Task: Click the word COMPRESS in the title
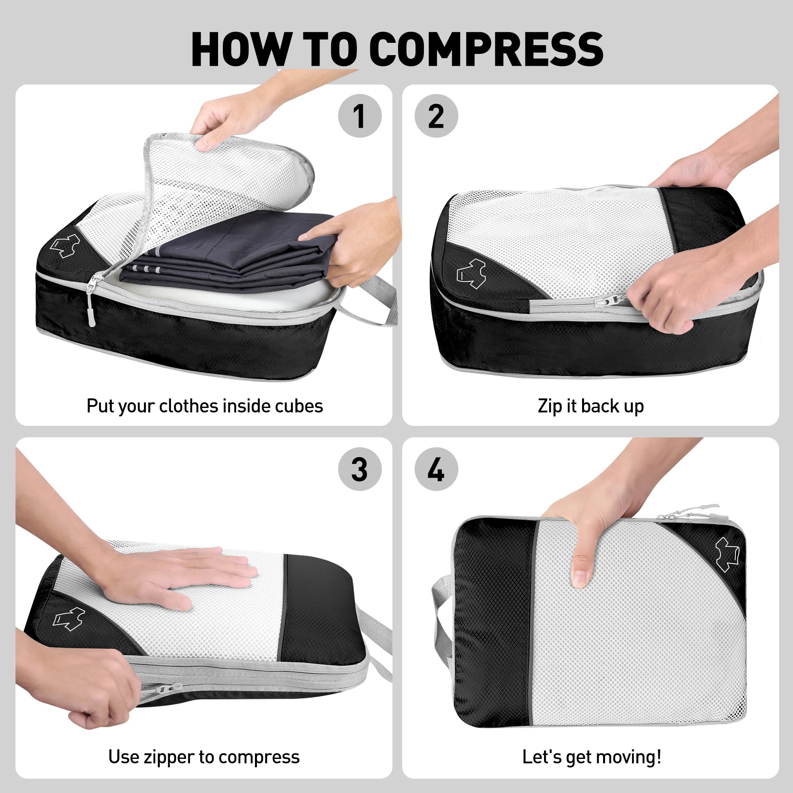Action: [487, 49]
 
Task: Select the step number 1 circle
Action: [359, 116]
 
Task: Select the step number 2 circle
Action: [436, 116]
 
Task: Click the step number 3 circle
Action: [359, 469]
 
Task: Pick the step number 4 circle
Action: [436, 469]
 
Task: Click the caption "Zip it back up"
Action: [591, 406]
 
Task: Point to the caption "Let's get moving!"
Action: [592, 757]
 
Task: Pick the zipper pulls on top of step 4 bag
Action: [690, 511]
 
